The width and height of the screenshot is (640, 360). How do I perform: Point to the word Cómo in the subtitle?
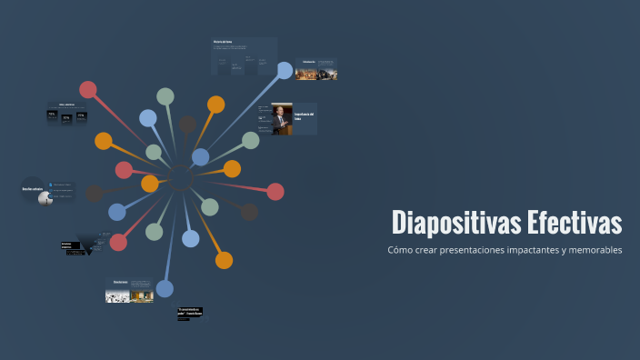point(400,250)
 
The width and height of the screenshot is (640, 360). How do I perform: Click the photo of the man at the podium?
point(282,119)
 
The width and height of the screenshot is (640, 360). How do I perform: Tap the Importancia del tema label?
point(304,116)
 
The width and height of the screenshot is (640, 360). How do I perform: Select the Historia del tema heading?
point(224,42)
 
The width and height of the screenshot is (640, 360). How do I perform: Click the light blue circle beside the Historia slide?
point(285,70)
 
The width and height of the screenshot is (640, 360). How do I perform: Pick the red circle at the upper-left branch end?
point(88,89)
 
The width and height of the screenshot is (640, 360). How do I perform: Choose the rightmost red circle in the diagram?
point(275,191)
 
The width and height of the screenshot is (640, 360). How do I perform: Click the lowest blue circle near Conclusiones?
point(165,288)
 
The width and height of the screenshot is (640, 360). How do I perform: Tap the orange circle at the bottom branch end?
point(224,261)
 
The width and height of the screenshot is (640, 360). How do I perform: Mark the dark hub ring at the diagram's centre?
point(181,181)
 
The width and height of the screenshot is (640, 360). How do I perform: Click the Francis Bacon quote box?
point(189,313)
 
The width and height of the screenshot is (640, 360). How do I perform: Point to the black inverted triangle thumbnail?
point(89,244)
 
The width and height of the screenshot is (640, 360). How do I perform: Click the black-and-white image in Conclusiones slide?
point(116,295)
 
